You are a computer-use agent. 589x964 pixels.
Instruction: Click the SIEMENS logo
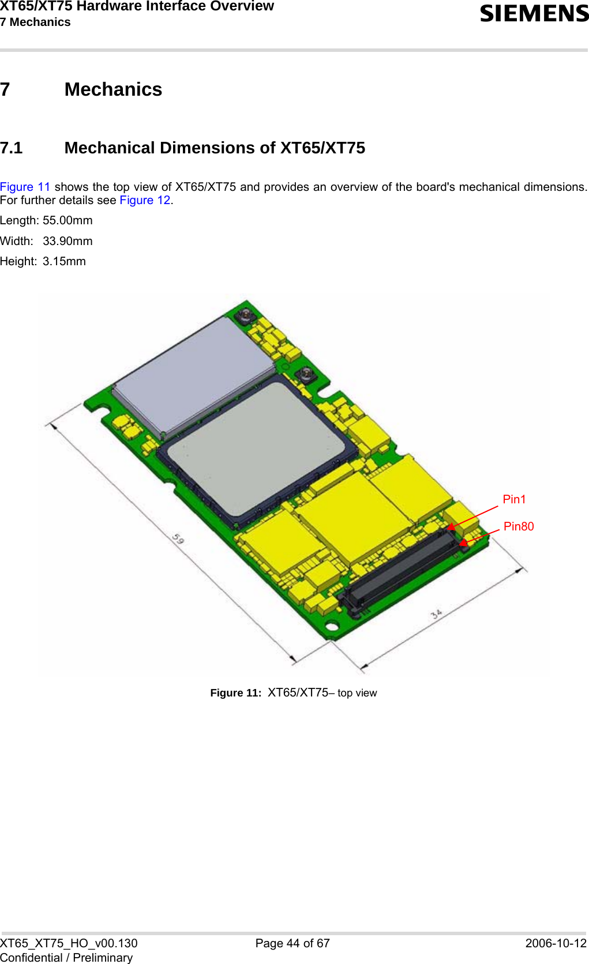[x=534, y=14]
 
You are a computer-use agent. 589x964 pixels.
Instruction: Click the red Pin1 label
[x=514, y=499]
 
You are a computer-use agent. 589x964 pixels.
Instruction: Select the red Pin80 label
[x=519, y=526]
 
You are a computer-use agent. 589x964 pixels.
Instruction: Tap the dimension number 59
[x=178, y=539]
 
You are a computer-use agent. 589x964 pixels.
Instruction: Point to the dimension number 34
[x=437, y=614]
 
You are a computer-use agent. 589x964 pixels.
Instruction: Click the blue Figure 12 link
[x=145, y=200]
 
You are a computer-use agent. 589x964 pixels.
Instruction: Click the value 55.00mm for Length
[x=67, y=220]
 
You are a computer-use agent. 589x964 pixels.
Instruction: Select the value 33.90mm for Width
[x=67, y=241]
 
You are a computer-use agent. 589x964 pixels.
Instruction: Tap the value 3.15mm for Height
[x=64, y=261]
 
